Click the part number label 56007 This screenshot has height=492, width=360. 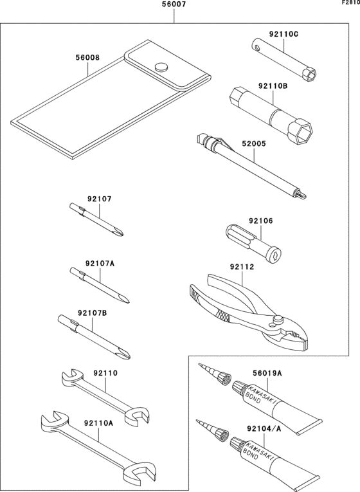pyautogui.click(x=175, y=6)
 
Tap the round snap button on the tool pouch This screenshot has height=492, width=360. pyautogui.click(x=161, y=65)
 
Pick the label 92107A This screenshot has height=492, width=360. pyautogui.click(x=99, y=263)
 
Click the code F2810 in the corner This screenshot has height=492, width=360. pyautogui.click(x=350, y=3)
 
